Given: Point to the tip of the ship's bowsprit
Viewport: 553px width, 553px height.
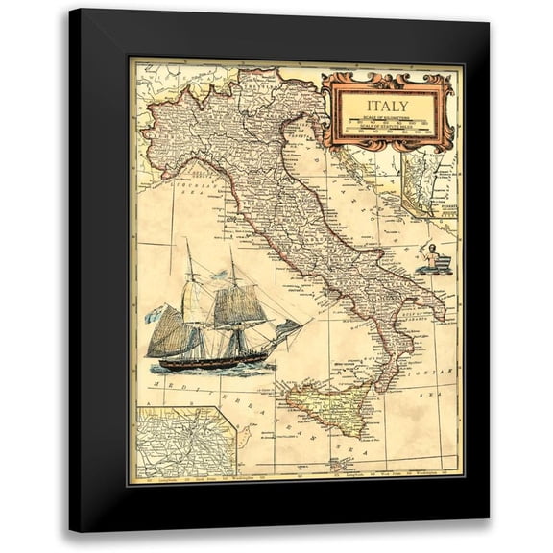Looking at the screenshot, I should point(301,324).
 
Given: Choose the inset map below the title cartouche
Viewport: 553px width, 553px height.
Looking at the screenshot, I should point(428,188).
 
